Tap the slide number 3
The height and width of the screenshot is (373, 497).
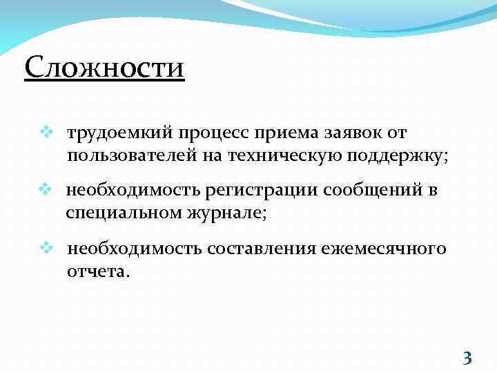467,358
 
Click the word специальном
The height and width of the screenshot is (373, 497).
123,213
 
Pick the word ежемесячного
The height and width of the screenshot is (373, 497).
382,248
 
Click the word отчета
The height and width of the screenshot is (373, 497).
97,271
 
